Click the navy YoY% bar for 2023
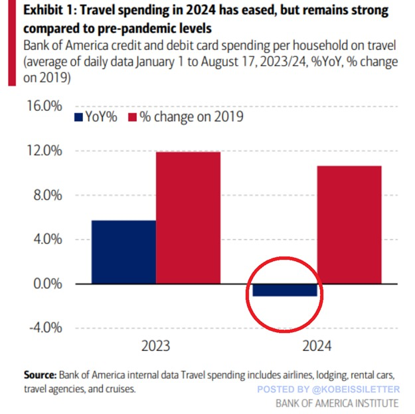click(124, 252)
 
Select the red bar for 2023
click(189, 218)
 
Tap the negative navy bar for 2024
click(284, 290)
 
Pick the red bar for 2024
click(349, 225)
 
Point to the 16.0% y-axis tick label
click(44, 106)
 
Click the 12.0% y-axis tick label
click(44, 151)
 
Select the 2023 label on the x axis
click(155, 347)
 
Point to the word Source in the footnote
click(40, 374)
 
